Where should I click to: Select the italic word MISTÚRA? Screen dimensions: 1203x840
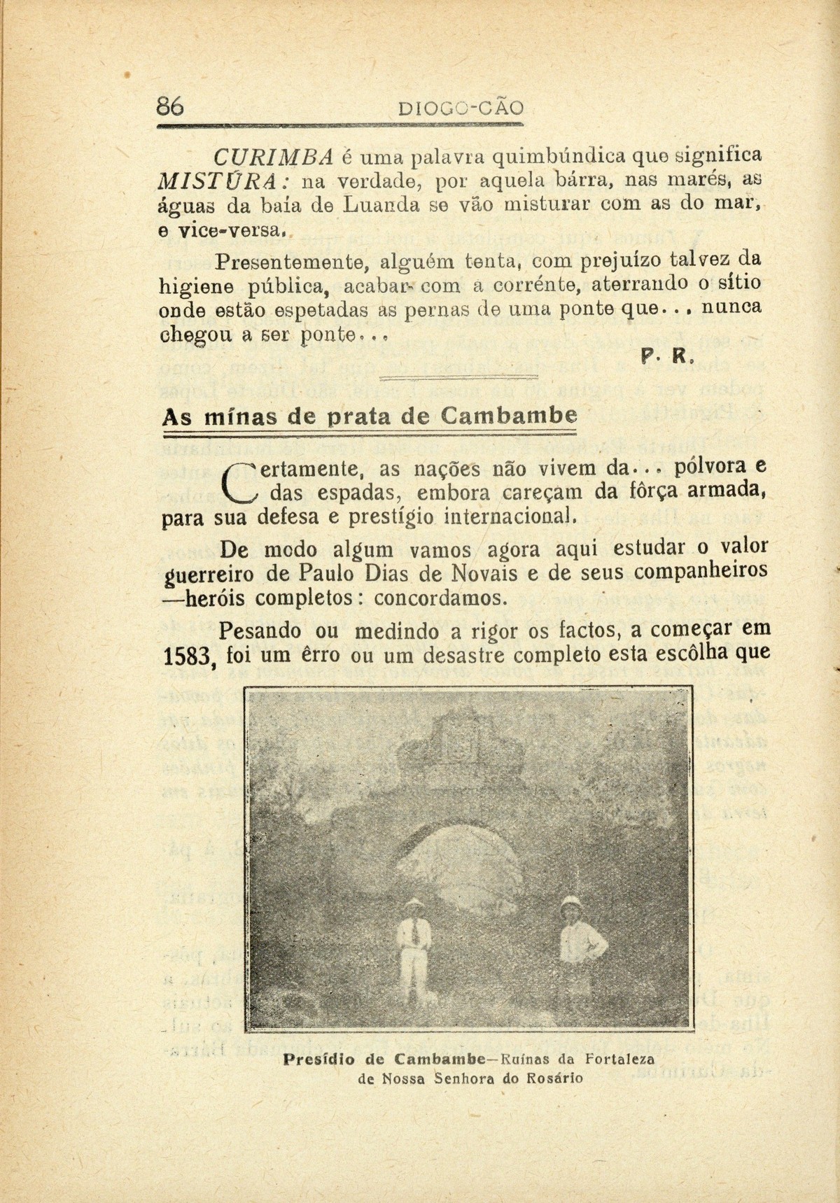[219, 182]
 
